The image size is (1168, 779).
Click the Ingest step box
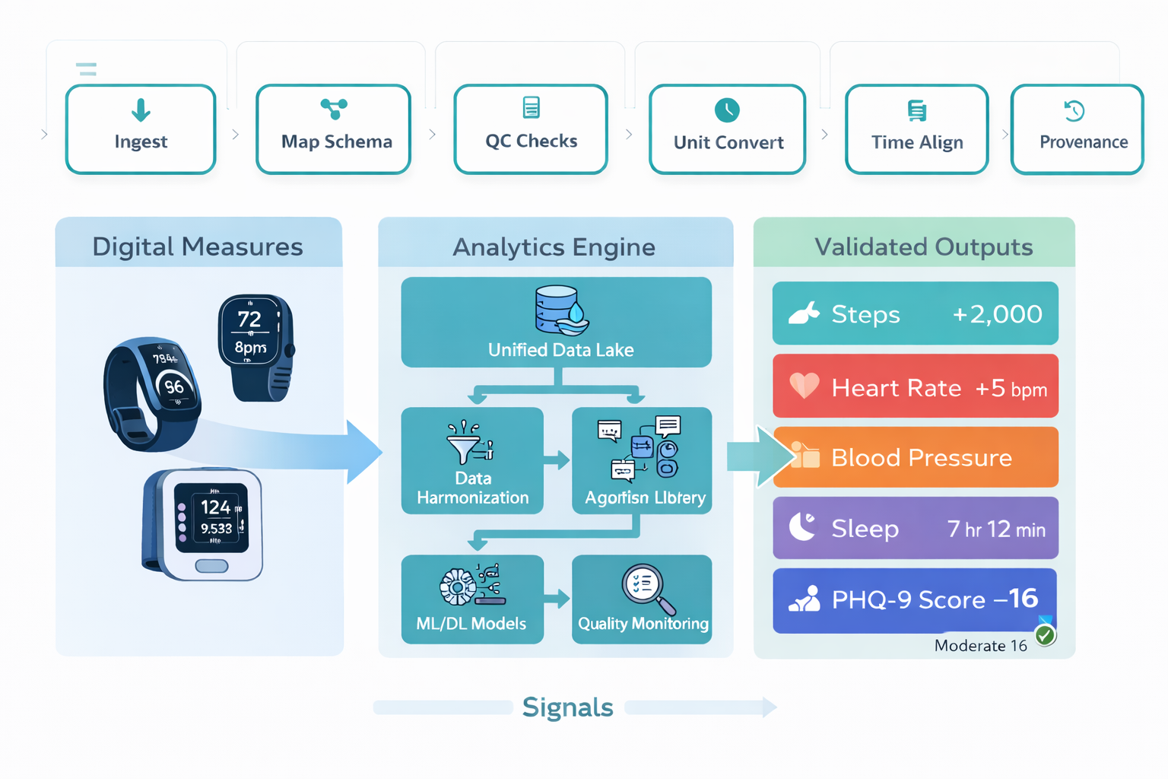141,129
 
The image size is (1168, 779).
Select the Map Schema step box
334,129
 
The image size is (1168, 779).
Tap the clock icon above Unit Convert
727,110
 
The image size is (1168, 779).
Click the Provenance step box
1077,129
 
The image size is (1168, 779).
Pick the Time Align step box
916,129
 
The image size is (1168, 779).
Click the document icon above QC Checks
532,107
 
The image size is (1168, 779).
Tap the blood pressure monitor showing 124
204,523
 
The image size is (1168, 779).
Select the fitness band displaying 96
152,392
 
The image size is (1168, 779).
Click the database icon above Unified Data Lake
560,310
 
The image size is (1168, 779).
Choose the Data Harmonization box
472,461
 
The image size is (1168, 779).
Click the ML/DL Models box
472,599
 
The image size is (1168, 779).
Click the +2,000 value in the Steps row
997,314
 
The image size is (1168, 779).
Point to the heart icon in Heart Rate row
804,386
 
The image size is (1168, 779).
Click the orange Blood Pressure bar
916,457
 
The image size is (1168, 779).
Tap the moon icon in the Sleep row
801,526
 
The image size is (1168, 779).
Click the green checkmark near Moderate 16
1046,635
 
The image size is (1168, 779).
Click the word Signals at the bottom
567,707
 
